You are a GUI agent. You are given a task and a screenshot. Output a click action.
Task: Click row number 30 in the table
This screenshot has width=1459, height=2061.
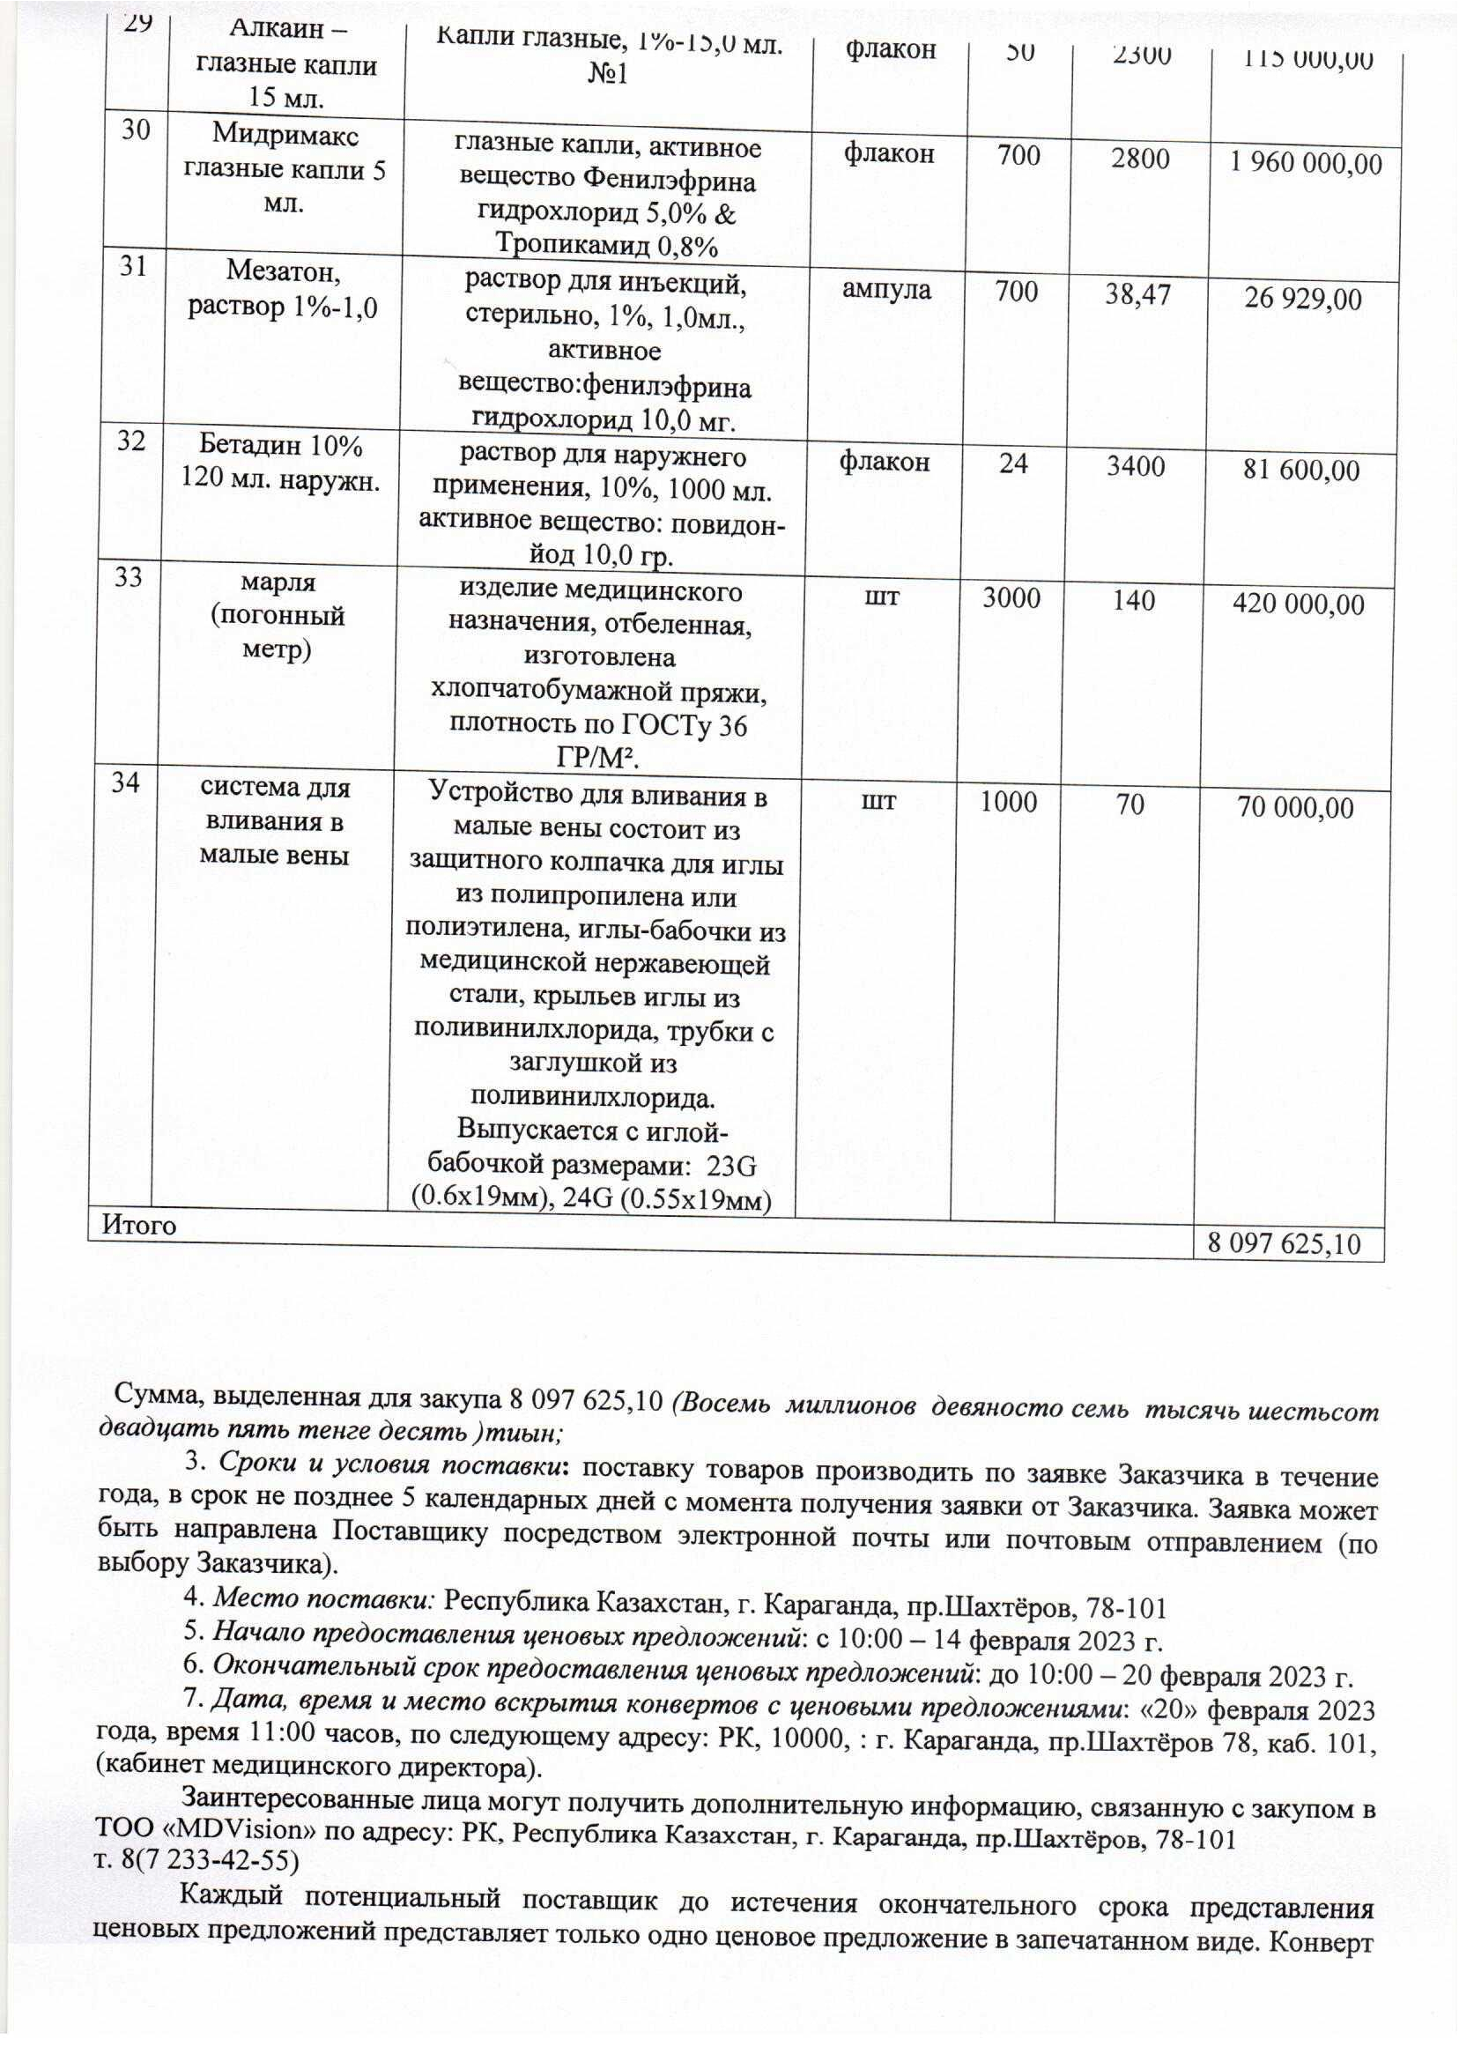pyautogui.click(x=136, y=130)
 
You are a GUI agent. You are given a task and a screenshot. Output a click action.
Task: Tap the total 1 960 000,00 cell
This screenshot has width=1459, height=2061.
pyautogui.click(x=1306, y=164)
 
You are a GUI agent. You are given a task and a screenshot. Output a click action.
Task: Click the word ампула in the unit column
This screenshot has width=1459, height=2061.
pyautogui.click(x=886, y=289)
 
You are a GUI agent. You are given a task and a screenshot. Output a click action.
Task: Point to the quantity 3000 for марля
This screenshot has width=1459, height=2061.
pyautogui.click(x=1011, y=598)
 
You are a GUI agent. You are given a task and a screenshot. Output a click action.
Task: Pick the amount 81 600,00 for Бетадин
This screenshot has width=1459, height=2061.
pyautogui.click(x=1301, y=470)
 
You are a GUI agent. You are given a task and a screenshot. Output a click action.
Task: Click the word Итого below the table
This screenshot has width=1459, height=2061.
pyautogui.click(x=139, y=1226)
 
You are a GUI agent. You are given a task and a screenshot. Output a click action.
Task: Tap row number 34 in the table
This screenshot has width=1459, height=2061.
pyautogui.click(x=126, y=782)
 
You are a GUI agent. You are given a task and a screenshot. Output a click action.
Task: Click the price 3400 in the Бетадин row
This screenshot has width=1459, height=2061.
pyautogui.click(x=1136, y=466)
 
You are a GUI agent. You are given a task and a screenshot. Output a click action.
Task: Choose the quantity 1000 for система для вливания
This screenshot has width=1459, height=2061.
pyautogui.click(x=1008, y=801)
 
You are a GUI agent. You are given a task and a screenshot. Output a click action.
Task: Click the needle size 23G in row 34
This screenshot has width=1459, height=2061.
pyautogui.click(x=731, y=1166)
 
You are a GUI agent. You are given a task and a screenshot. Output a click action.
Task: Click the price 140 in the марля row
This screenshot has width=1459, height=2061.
pyautogui.click(x=1134, y=599)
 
